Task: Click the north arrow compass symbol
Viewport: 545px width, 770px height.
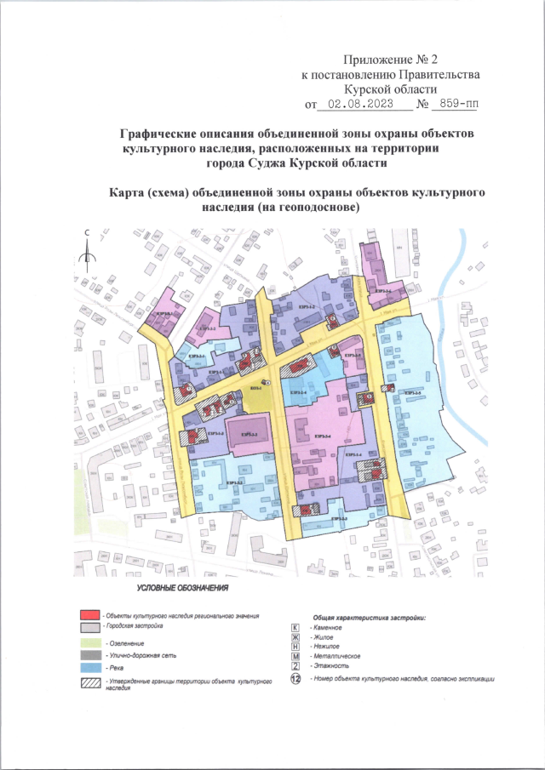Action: click(87, 248)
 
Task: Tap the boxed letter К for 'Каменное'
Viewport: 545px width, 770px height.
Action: click(295, 626)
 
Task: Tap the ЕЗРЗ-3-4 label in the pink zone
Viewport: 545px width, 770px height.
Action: click(324, 436)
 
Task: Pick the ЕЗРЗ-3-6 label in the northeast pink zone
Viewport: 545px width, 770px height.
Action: click(383, 291)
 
